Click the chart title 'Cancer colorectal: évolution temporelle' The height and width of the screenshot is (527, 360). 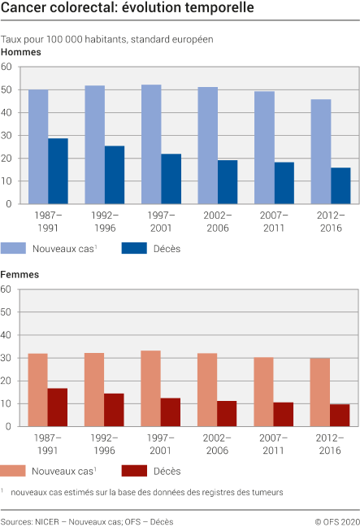(x=127, y=9)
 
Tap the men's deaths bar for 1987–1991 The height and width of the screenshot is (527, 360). (x=58, y=171)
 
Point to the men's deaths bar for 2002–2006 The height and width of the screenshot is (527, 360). (x=228, y=182)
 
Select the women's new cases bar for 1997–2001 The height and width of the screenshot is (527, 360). (x=151, y=388)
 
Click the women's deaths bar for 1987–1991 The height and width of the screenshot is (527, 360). (x=58, y=407)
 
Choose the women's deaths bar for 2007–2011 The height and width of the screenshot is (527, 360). (x=284, y=414)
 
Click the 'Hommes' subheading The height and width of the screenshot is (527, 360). (x=21, y=52)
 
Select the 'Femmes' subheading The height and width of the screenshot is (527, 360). (x=21, y=275)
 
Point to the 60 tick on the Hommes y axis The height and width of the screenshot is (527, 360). (x=7, y=67)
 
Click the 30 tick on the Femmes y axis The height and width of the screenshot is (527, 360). (x=7, y=358)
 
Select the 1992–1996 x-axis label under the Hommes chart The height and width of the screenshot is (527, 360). (x=104, y=220)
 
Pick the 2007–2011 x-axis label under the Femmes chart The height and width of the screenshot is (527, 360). (x=274, y=442)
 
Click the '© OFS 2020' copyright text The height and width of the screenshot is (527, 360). (x=337, y=521)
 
